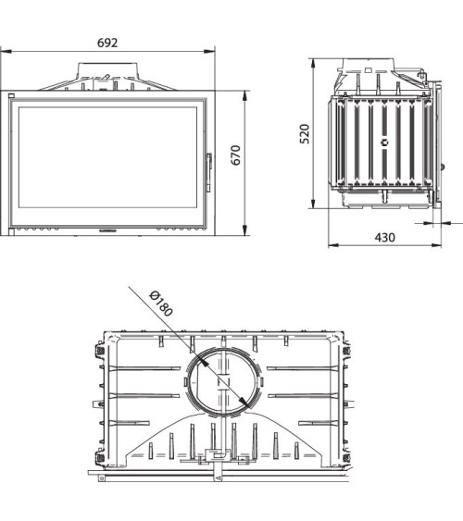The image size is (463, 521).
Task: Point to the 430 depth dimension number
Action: tap(383, 237)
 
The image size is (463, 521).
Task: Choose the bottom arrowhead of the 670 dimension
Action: tap(246, 232)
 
